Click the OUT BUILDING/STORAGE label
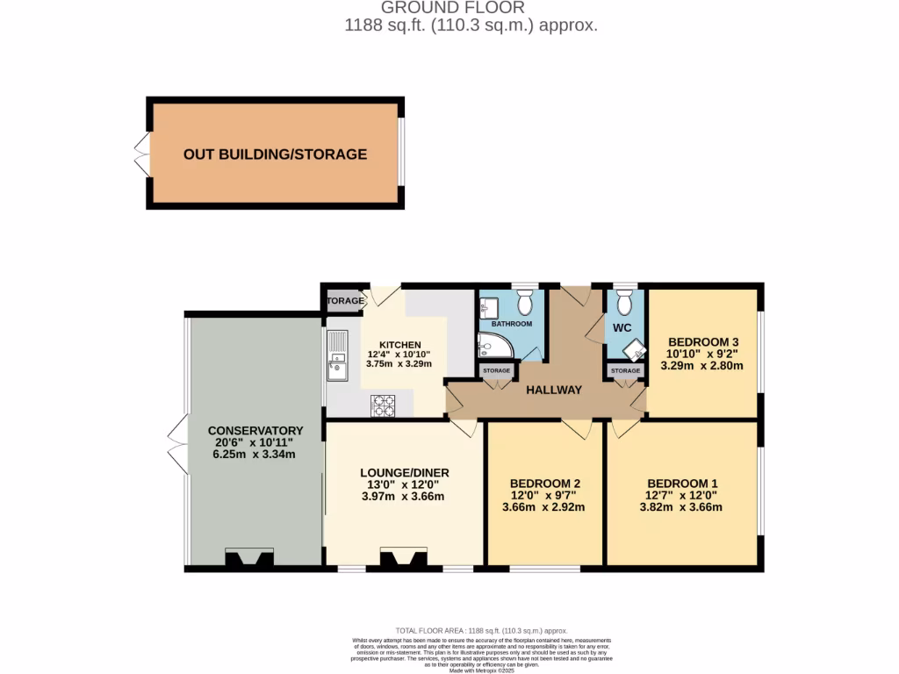[275, 154]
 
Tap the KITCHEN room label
[399, 345]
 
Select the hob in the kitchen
[384, 405]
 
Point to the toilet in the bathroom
[525, 304]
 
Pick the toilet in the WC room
[624, 304]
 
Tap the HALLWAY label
[553, 390]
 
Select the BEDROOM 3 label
[702, 341]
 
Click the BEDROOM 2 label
[544, 483]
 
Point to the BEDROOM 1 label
[683, 483]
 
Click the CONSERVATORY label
[255, 430]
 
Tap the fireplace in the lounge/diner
[404, 559]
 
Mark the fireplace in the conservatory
[250, 559]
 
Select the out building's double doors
[140, 154]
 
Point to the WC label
[622, 328]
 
